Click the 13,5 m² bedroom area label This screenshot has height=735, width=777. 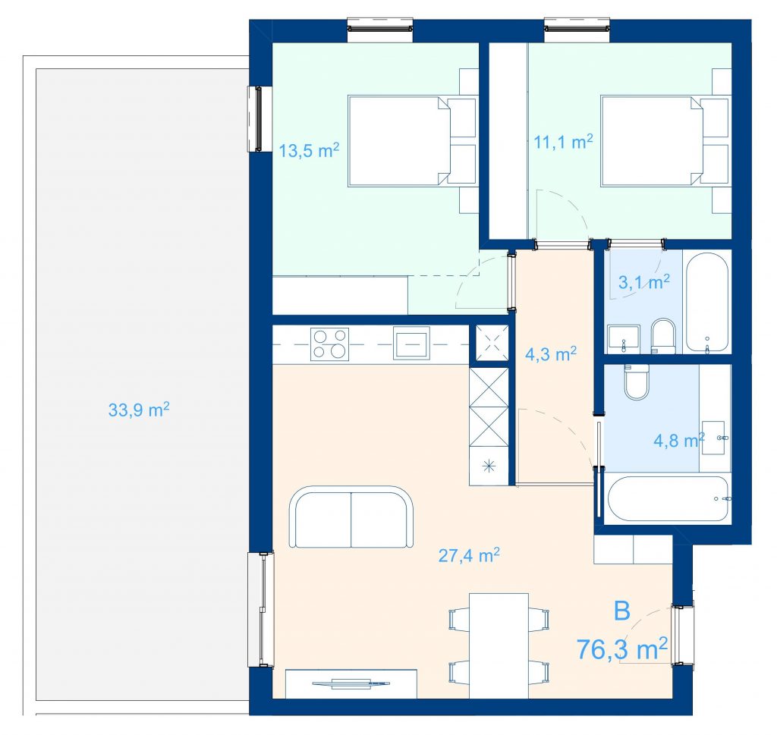coord(309,150)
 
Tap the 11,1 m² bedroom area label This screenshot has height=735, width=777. coord(564,142)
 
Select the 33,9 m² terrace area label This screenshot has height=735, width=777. coord(139,410)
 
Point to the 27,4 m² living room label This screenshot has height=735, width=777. coord(469,556)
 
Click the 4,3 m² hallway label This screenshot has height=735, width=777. coord(551,354)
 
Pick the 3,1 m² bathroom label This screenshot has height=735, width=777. coord(644,282)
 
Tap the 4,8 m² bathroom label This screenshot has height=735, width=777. coord(679,440)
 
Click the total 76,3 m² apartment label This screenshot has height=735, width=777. coord(622,649)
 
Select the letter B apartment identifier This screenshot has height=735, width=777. coord(622,611)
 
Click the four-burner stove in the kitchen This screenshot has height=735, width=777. coord(329,344)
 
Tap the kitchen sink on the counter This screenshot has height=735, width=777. coord(411,343)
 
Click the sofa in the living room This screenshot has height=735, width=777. coord(351,517)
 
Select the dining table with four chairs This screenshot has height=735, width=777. coord(499,645)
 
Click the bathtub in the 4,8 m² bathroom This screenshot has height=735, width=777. coord(668,499)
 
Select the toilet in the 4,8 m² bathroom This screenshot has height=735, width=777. coord(637,382)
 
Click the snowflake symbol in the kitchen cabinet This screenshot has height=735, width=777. coord(489,466)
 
